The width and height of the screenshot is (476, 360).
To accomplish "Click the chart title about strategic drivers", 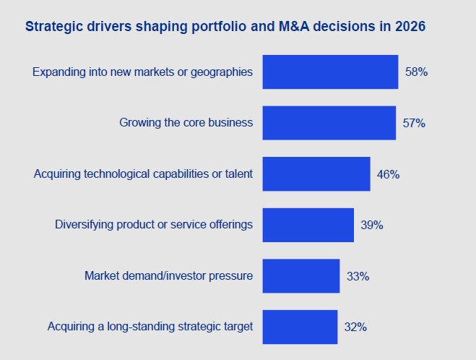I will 225,27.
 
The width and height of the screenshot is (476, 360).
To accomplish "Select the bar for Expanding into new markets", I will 330,72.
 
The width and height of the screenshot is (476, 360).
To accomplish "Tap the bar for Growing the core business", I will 329,123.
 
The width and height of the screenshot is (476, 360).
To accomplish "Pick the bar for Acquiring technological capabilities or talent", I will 316,173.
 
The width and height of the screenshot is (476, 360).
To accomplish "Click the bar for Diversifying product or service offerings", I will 308,225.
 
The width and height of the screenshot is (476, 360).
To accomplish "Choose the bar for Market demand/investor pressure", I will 300,275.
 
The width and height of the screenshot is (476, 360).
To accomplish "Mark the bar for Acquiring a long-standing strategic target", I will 300,327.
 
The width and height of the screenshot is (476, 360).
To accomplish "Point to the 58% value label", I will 417,72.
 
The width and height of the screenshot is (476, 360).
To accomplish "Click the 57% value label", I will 414,123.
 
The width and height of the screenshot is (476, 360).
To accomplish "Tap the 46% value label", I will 389,174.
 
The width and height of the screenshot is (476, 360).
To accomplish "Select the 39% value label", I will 372,225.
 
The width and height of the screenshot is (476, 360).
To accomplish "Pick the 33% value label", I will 358,276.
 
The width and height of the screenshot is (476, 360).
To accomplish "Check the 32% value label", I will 356,327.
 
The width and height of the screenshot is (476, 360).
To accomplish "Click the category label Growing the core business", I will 186,123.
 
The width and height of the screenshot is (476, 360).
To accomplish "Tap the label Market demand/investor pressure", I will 168,275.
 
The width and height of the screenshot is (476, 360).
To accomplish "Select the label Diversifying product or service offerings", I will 154,225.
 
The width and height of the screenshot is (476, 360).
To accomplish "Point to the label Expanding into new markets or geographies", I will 143,72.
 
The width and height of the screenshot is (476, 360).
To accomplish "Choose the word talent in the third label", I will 238,173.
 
